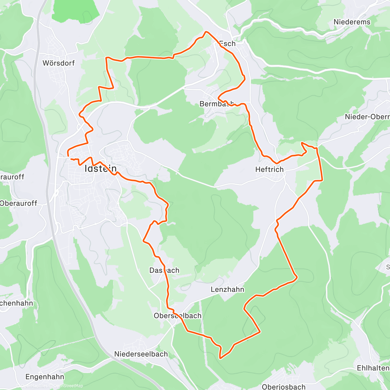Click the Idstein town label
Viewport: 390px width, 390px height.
pos(100,168)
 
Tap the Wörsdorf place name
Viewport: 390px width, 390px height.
pos(58,63)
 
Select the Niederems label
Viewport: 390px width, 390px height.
pos(352,22)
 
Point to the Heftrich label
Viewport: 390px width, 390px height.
pos(269,169)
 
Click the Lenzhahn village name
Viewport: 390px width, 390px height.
pos(227,289)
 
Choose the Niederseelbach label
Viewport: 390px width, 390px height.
pos(141,354)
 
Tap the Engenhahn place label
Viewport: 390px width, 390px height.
pos(45,377)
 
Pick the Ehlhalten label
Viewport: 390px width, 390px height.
pos(373,368)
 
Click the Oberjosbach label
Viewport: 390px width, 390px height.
pos(284,386)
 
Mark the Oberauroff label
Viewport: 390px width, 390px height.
pos(19,203)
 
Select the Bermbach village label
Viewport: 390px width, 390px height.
pos(216,104)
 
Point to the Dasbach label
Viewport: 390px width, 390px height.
pos(164,270)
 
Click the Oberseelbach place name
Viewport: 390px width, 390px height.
pos(177,316)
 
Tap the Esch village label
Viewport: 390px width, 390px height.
pos(227,44)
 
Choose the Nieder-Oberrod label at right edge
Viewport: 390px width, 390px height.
pos(367,117)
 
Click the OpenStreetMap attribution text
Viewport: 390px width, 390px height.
pos(68,386)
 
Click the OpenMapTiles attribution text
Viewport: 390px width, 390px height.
pos(34,386)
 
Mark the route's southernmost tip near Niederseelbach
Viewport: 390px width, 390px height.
pos(220,358)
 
